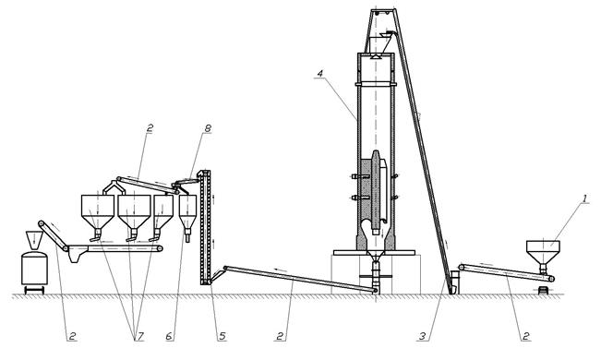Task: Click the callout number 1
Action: pyautogui.click(x=584, y=199)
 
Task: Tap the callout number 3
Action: pyautogui.click(x=422, y=337)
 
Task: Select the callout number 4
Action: pyautogui.click(x=320, y=72)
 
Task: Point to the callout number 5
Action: pyautogui.click(x=222, y=337)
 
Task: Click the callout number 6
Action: pyautogui.click(x=170, y=337)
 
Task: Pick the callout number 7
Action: pyautogui.click(x=139, y=337)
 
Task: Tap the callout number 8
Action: pyautogui.click(x=208, y=128)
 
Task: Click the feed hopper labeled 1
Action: pyautogui.click(x=543, y=252)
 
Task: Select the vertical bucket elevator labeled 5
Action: pyautogui.click(x=206, y=228)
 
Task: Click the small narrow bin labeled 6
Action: pyautogui.click(x=187, y=215)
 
